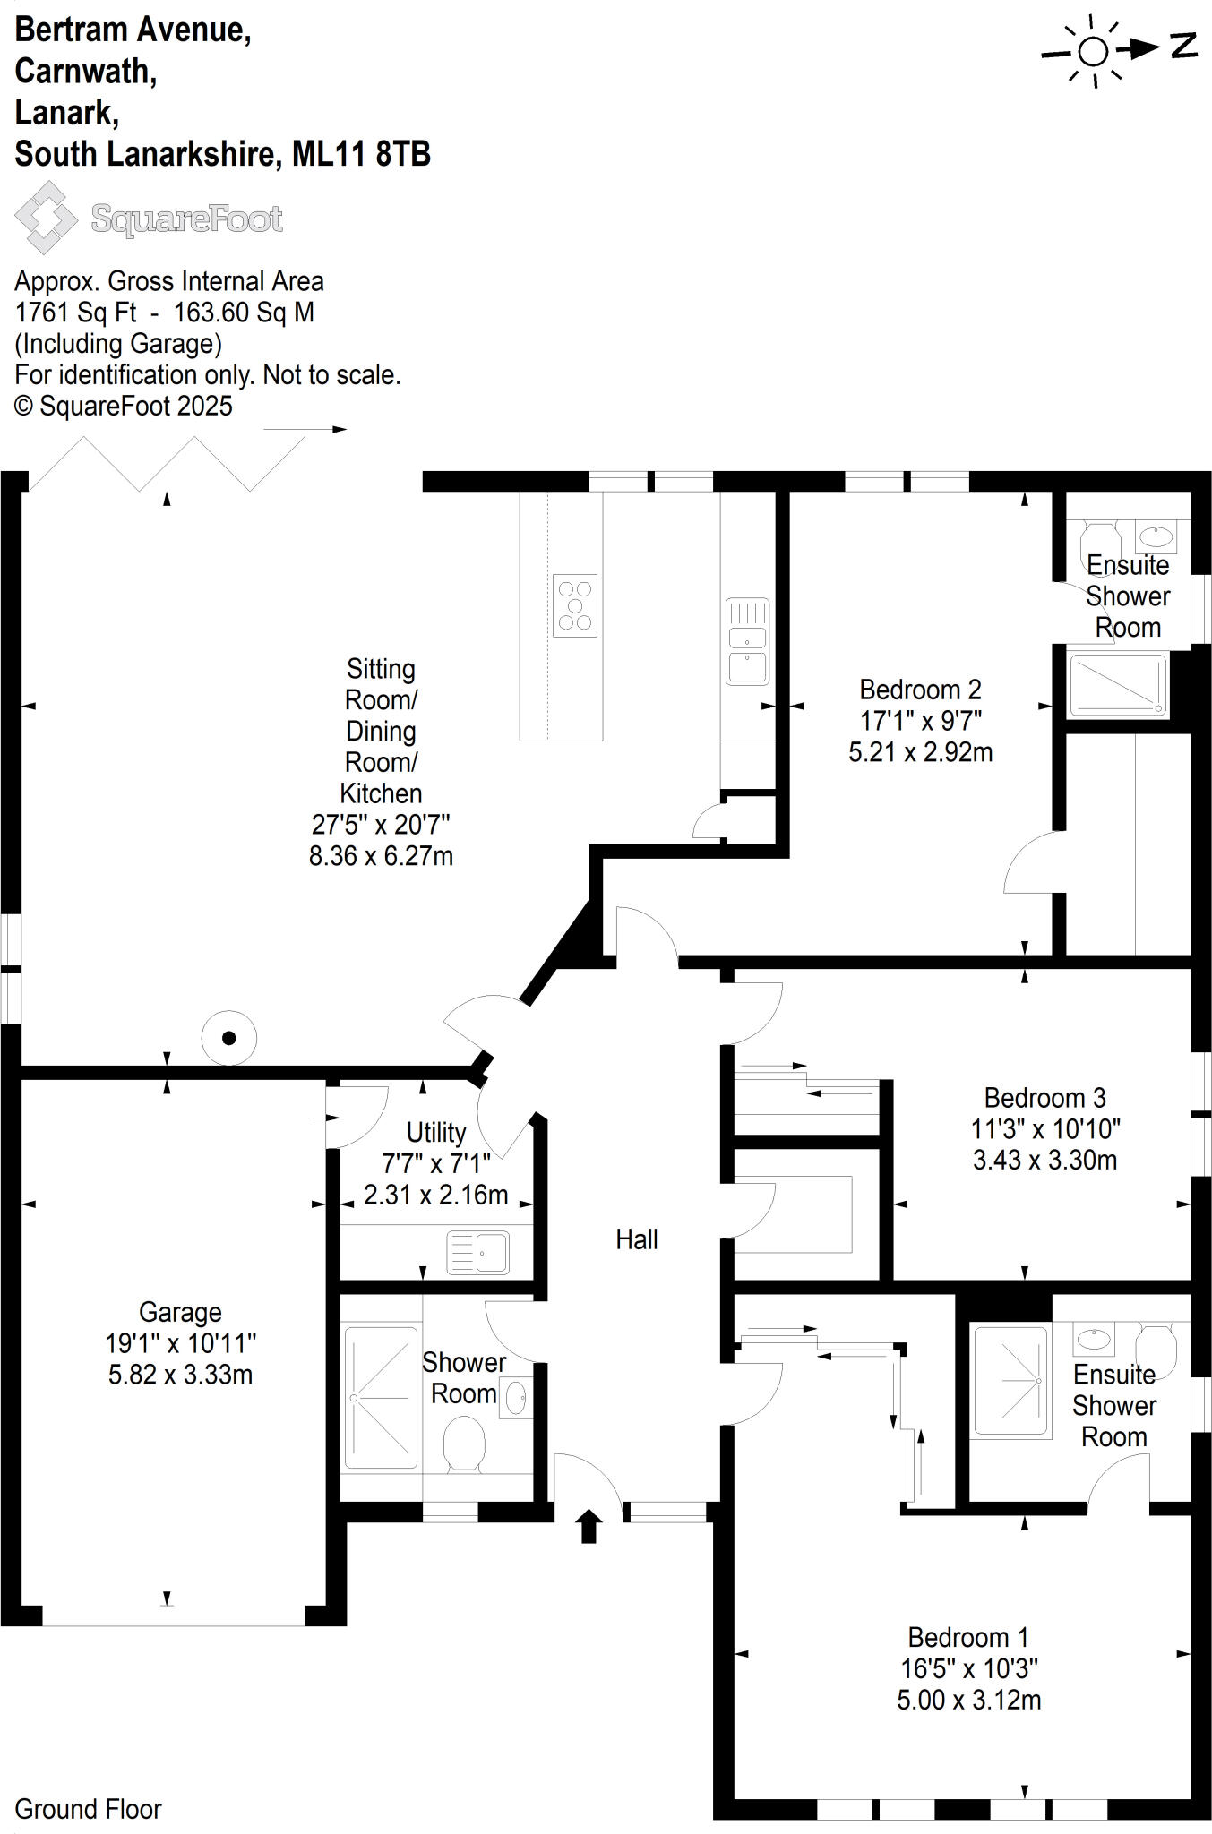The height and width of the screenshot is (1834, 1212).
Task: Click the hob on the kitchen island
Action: [x=575, y=605]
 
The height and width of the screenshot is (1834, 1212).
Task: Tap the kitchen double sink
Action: [x=747, y=641]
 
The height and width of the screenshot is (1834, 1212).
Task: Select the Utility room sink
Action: [x=477, y=1252]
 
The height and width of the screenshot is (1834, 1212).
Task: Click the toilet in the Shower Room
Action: [x=464, y=1443]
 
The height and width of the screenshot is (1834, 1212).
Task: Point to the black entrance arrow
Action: [x=589, y=1526]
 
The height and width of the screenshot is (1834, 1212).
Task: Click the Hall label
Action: [x=636, y=1239]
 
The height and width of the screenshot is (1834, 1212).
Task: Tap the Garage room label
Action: [x=180, y=1312]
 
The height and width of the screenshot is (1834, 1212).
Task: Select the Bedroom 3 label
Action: [x=1044, y=1097]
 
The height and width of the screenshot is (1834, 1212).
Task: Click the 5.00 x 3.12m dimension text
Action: [x=969, y=1700]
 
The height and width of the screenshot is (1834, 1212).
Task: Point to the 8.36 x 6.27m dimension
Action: [x=381, y=856]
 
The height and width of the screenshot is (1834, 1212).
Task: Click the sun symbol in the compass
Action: [x=1093, y=52]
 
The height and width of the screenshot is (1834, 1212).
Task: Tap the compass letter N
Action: [x=1184, y=46]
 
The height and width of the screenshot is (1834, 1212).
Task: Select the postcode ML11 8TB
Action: [x=362, y=154]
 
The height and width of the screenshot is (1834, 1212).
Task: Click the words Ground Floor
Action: [x=88, y=1809]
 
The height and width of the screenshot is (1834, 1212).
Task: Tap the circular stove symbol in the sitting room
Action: [x=229, y=1038]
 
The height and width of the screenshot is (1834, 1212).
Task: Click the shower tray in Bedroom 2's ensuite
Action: [x=1118, y=685]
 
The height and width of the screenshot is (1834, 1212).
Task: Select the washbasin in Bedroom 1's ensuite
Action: [x=1094, y=1340]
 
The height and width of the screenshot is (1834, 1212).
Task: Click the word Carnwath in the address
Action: [x=86, y=72]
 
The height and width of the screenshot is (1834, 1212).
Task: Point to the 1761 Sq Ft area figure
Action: [x=76, y=313]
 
